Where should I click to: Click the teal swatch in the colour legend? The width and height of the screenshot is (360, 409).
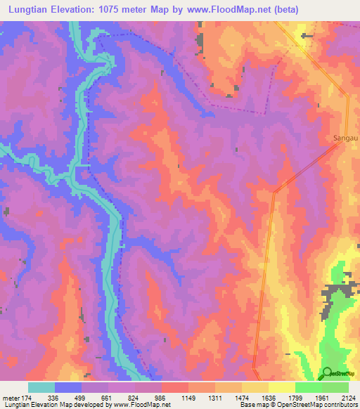[41, 387]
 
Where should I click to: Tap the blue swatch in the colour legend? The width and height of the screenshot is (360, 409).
[68, 387]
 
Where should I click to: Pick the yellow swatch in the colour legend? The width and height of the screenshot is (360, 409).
[281, 387]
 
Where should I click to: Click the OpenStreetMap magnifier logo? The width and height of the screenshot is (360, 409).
[326, 373]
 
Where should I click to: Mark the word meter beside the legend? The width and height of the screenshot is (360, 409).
[11, 397]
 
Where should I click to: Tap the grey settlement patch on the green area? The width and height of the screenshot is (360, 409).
[336, 292]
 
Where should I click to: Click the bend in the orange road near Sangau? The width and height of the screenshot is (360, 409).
[276, 190]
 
